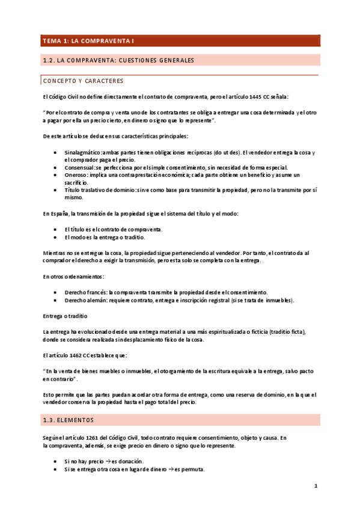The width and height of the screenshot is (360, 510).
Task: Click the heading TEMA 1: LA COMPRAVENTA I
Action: pos(87,41)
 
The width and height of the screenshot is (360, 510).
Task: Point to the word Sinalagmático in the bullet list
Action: pos(83,153)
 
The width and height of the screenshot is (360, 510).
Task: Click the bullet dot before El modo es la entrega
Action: pos(55,238)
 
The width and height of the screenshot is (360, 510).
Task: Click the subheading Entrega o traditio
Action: pos(66,316)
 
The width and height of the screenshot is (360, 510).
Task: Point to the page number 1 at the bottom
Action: pos(315,485)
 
